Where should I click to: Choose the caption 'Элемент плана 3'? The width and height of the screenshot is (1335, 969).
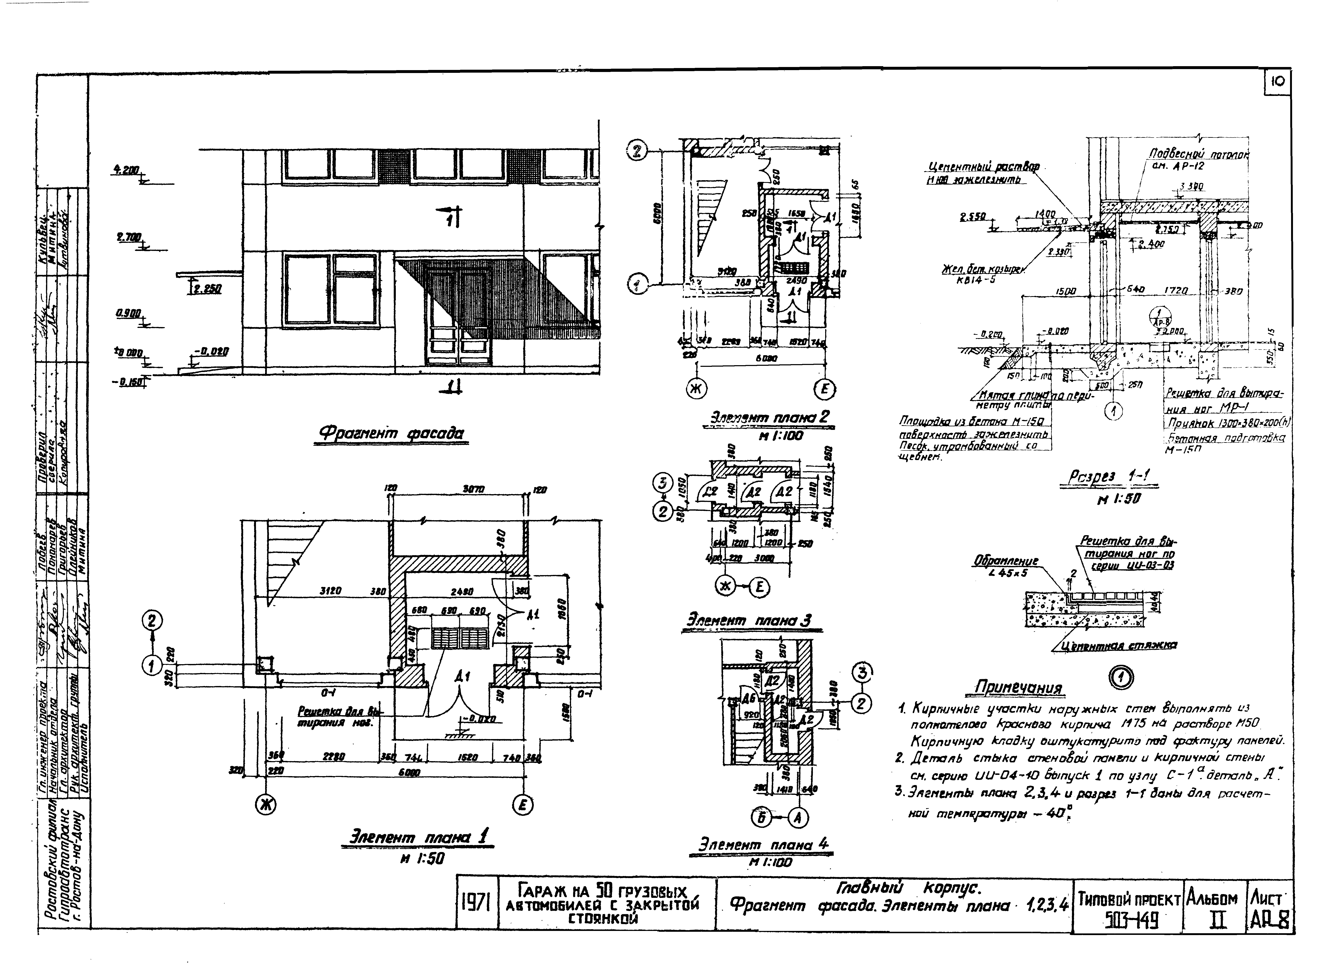click(x=749, y=620)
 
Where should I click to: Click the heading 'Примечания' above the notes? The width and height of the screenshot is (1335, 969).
click(x=1018, y=688)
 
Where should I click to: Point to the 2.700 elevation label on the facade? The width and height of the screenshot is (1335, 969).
click(x=128, y=237)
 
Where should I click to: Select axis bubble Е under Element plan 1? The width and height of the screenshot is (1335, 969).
click(x=522, y=805)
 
